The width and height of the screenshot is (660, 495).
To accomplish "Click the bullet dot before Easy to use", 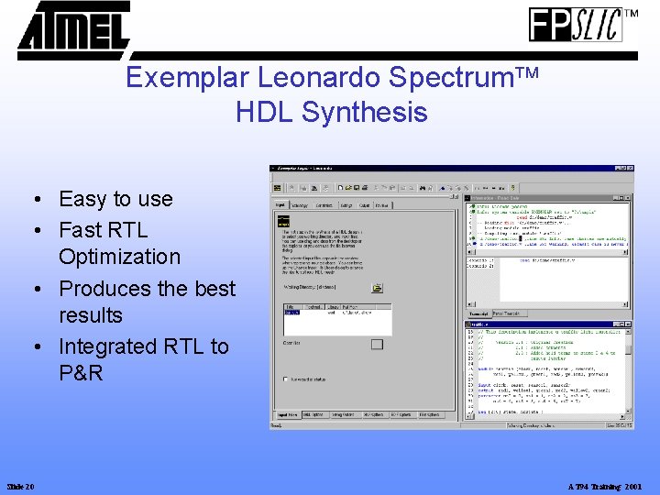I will tap(32, 200).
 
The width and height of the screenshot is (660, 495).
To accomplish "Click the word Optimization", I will tap(119, 257).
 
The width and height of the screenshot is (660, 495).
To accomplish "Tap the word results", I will tap(90, 315).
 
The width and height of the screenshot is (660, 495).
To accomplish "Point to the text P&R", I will tap(81, 373).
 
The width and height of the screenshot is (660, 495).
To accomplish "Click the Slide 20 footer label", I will tap(20, 486).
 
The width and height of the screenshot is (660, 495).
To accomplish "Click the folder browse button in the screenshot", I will tap(376, 287).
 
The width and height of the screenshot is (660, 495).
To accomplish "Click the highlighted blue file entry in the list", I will tap(291, 313).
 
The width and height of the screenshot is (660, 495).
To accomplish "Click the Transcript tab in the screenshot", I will tap(478, 313).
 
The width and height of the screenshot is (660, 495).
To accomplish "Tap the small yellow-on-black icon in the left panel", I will tap(283, 220).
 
